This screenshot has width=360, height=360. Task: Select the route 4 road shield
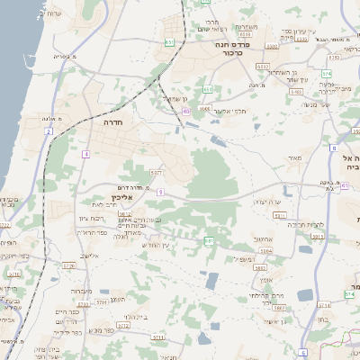point(85,155)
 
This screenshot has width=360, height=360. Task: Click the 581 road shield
point(208,241)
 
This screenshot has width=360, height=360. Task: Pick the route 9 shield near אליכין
point(159,192)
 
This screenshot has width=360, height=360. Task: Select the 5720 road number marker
point(67,266)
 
